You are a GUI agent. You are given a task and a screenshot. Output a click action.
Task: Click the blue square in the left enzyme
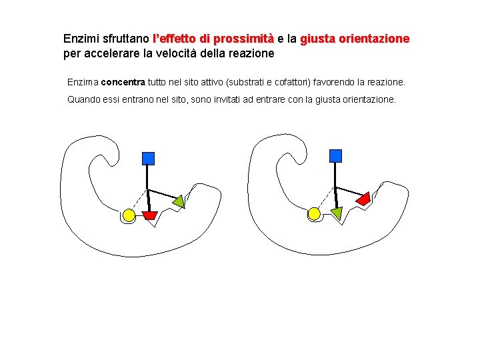pyautogui.click(x=148, y=158)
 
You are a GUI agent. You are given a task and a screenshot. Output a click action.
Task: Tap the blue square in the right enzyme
pyautogui.click(x=335, y=156)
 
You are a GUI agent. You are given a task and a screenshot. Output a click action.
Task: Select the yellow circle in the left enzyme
pyautogui.click(x=129, y=215)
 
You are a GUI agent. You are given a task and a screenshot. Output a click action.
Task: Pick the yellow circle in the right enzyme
pyautogui.click(x=314, y=213)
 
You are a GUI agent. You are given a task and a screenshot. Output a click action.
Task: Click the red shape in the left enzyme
pyautogui.click(x=150, y=215)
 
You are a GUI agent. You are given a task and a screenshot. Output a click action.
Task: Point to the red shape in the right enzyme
pyautogui.click(x=363, y=198)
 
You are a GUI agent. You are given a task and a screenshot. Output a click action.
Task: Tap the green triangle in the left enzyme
pyautogui.click(x=178, y=201)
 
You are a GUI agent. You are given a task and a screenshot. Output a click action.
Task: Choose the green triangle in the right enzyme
pyautogui.click(x=336, y=213)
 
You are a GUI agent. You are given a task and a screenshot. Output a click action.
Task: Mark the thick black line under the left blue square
pyautogui.click(x=148, y=187)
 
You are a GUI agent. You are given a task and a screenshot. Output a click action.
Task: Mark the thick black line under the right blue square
pyautogui.click(x=335, y=185)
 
